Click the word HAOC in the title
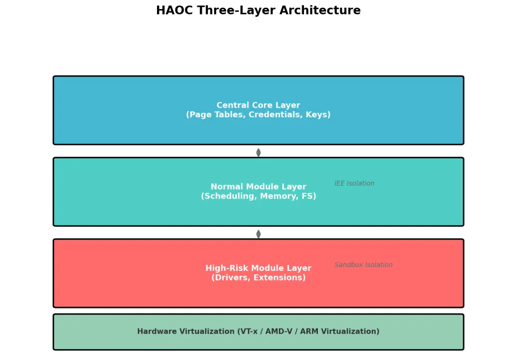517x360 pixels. pos(173,11)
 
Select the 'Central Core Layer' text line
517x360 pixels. pos(258,105)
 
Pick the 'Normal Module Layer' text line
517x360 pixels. pos(258,187)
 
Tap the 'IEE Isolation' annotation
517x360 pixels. pos(354,183)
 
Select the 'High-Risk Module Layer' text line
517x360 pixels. pos(258,268)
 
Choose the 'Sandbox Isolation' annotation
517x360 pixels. pos(363,265)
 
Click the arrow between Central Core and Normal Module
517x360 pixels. pos(258,152)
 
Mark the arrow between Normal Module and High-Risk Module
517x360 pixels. pos(258,234)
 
